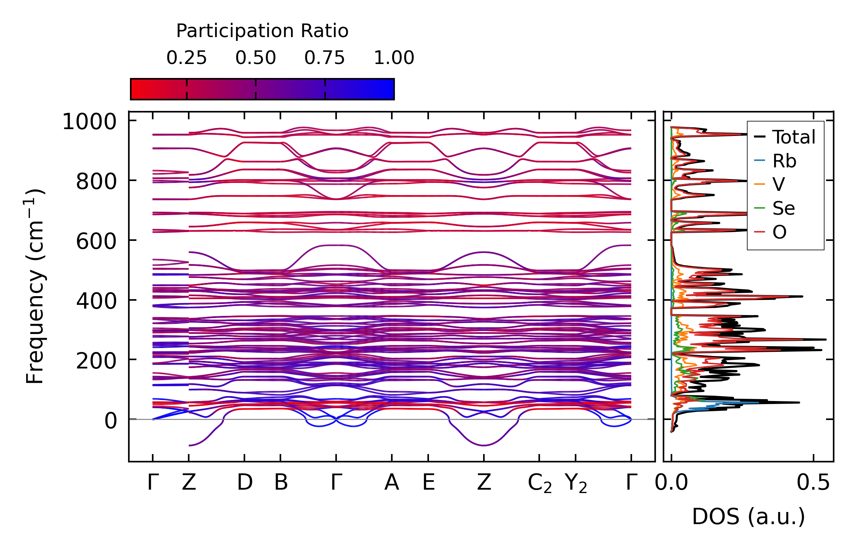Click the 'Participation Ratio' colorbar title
pos(262,31)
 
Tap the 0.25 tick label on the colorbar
pos(186,58)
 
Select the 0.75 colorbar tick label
pos(325,58)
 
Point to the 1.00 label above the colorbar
pos(394,58)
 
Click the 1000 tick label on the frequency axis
pos(89,122)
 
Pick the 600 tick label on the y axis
pos(96,241)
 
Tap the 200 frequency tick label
pos(96,361)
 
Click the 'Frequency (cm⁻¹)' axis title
pos(35,286)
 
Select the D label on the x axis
pos(244,482)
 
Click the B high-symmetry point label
pos(281,482)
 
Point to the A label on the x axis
pos(391,482)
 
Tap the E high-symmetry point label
pos(429,482)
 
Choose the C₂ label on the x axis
pos(540,484)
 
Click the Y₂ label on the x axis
pos(576,484)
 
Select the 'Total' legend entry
pos(793,137)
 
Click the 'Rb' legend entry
pos(784,161)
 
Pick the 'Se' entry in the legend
pos(783,208)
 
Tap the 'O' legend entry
pos(779,232)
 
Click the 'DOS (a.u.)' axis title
pos(748,517)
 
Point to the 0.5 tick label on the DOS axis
pos(813,483)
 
